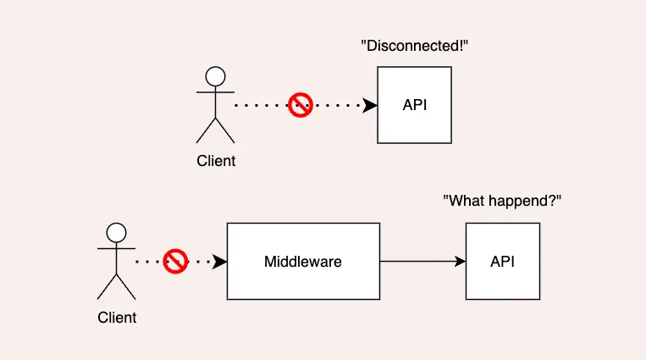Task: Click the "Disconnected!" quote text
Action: [x=415, y=46]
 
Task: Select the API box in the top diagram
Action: [x=414, y=106]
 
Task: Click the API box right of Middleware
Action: [x=502, y=262]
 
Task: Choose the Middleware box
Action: [x=302, y=262]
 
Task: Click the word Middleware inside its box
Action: [x=302, y=262]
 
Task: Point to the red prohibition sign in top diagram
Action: [x=301, y=106]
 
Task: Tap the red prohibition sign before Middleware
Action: [x=175, y=261]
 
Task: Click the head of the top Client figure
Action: [x=215, y=75]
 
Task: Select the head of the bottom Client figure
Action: [x=117, y=232]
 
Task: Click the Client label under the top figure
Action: [x=216, y=161]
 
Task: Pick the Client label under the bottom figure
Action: [x=117, y=318]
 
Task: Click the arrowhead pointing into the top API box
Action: [x=370, y=106]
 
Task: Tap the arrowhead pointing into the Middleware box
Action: [x=219, y=262]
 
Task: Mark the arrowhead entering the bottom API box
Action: [x=460, y=262]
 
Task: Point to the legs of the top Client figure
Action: [x=215, y=130]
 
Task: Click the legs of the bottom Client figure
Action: [x=117, y=286]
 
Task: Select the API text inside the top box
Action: [x=414, y=106]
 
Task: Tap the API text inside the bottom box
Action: [x=502, y=262]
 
